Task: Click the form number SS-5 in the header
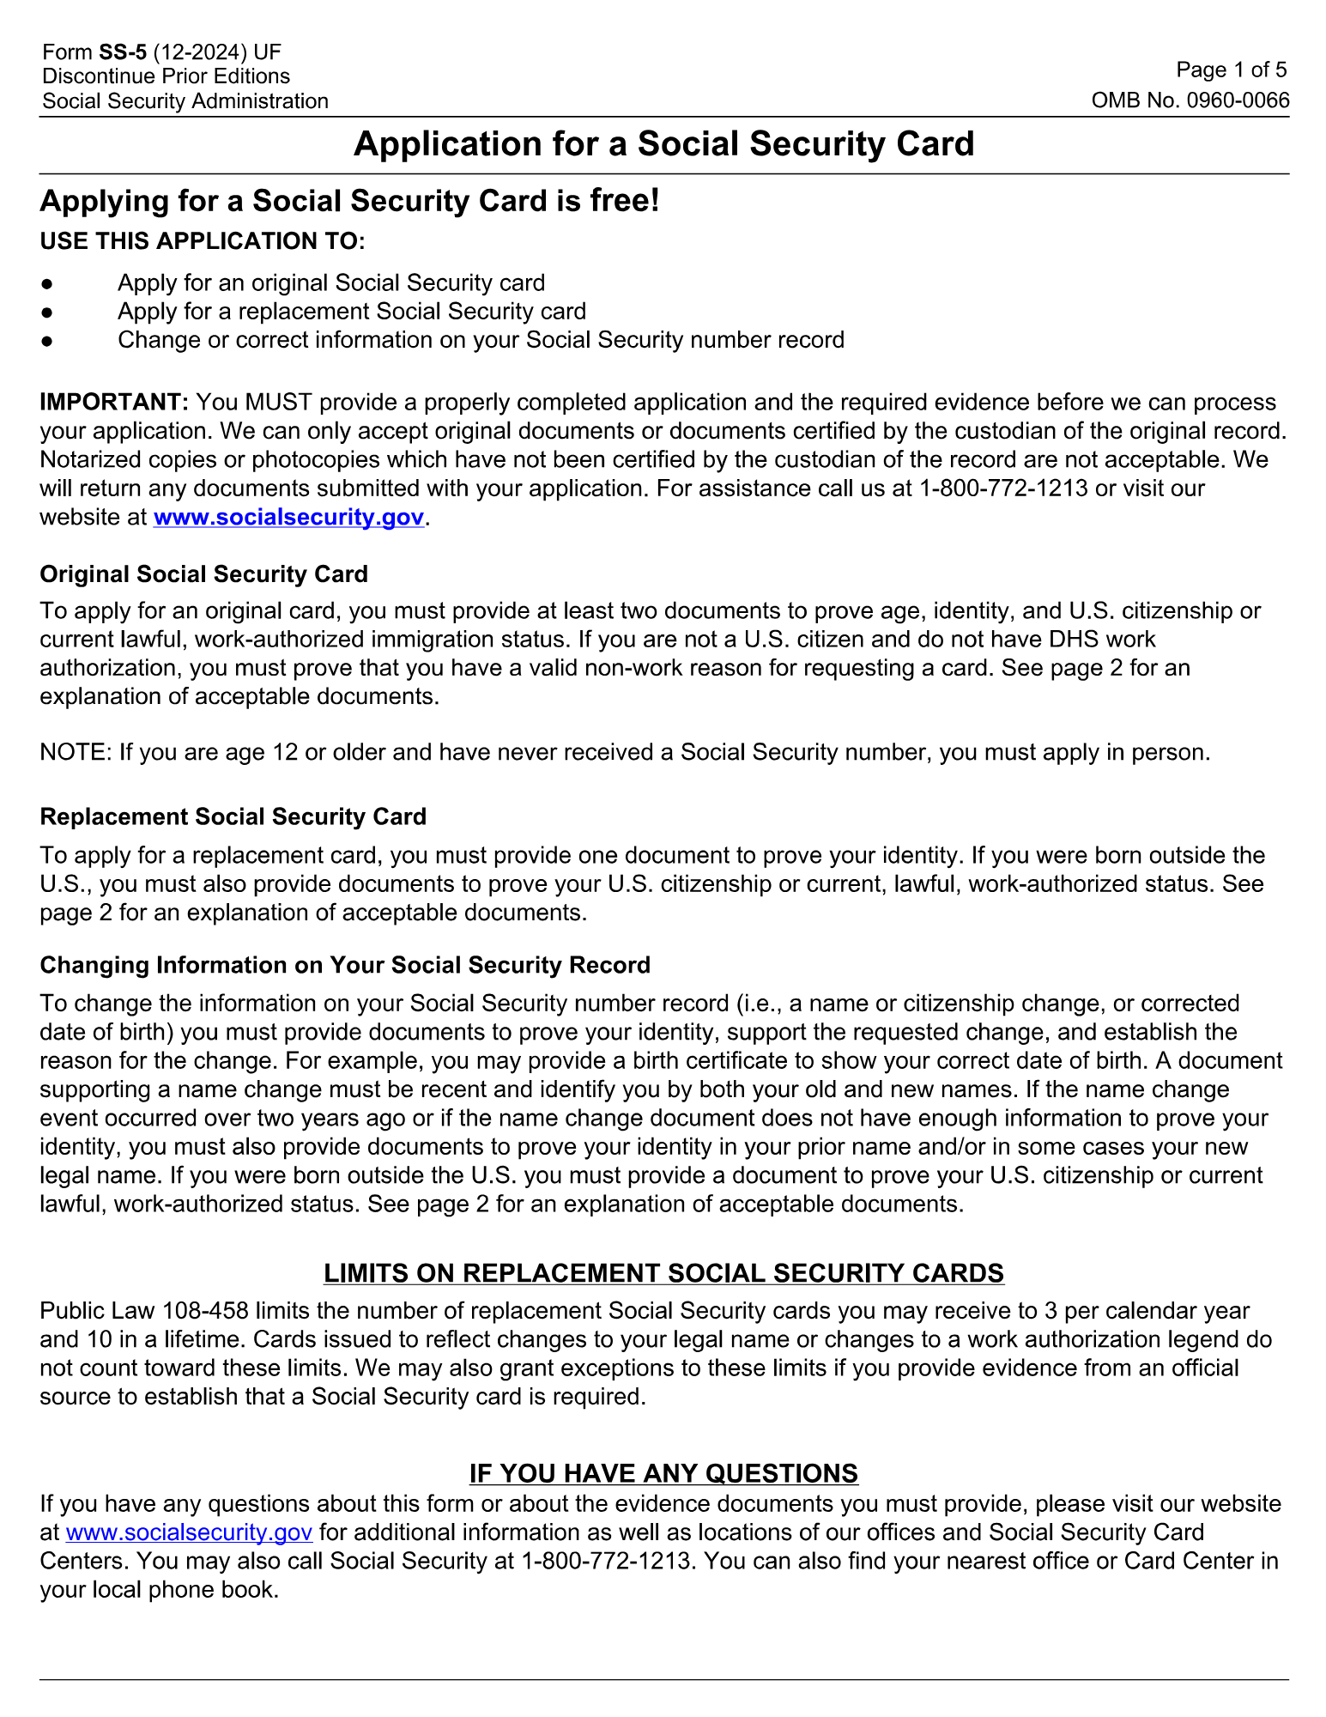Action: (x=123, y=52)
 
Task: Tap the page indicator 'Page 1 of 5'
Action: (x=1232, y=70)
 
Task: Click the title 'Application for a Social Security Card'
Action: (x=663, y=144)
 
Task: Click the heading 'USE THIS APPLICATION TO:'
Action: (x=203, y=241)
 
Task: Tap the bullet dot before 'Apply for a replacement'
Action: (x=47, y=312)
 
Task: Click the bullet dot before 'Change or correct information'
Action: (x=47, y=341)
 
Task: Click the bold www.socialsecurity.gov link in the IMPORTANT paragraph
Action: (x=288, y=518)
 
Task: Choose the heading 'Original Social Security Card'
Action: (x=204, y=574)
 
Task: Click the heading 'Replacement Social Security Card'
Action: (x=233, y=816)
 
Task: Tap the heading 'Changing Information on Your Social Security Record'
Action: (x=345, y=965)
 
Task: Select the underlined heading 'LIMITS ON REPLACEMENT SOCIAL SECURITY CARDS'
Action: (x=663, y=1273)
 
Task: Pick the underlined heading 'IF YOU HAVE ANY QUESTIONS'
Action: (x=663, y=1473)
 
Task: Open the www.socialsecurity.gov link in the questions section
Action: (x=189, y=1532)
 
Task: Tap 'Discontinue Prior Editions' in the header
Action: (x=167, y=76)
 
